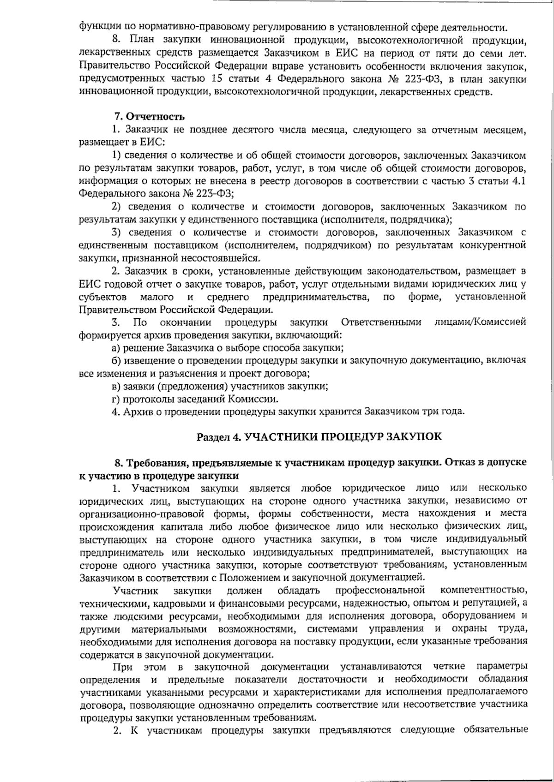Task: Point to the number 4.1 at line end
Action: coord(518,181)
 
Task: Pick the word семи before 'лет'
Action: coord(488,54)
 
